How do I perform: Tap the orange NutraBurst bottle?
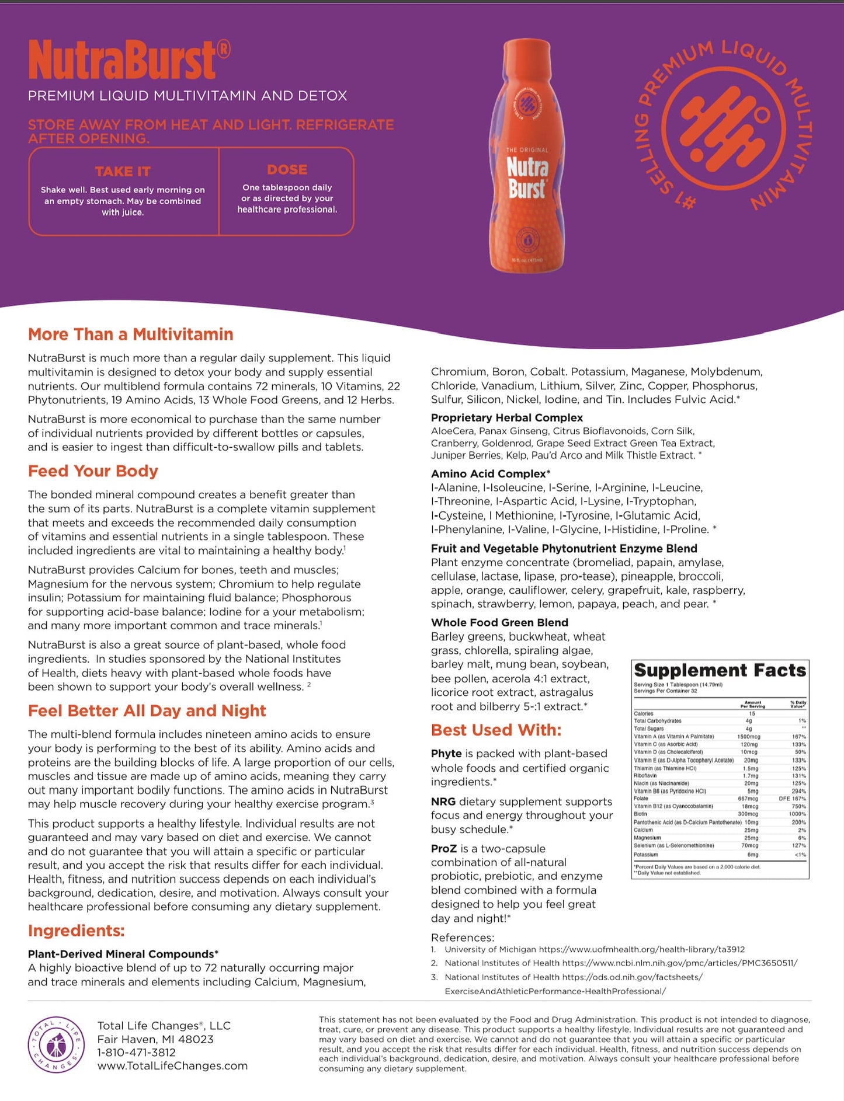[527, 156]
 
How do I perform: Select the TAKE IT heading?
[123, 171]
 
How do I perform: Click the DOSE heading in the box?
[287, 169]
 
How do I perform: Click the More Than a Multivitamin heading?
[130, 334]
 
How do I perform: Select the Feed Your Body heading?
[93, 471]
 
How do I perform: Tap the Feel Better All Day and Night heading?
[147, 710]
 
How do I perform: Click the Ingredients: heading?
[76, 931]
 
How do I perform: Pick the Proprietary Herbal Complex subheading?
[506, 417]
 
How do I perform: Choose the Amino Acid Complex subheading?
[490, 473]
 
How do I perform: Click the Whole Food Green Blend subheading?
[499, 622]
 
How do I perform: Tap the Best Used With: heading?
[496, 730]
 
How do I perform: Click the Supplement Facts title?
[720, 670]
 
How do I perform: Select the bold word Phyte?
[446, 754]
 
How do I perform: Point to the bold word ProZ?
[443, 848]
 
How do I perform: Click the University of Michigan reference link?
[594, 949]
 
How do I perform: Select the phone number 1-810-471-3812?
[136, 1053]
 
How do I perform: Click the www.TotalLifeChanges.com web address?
[172, 1066]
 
